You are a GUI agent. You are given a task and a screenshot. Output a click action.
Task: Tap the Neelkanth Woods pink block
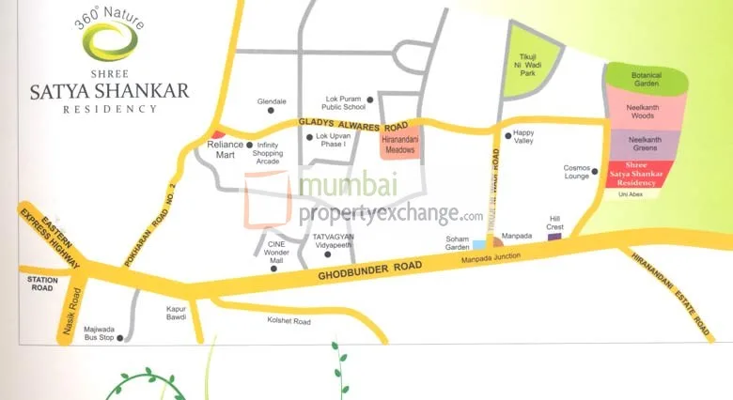(x=647, y=112)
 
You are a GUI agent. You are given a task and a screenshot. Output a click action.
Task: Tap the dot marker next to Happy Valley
(x=508, y=135)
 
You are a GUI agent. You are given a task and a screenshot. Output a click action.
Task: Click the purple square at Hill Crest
(x=554, y=238)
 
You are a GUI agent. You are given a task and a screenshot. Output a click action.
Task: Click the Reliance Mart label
(x=224, y=150)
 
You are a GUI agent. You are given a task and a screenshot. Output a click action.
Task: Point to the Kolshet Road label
(x=289, y=321)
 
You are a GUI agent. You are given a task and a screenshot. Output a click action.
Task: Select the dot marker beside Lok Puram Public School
(x=370, y=99)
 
